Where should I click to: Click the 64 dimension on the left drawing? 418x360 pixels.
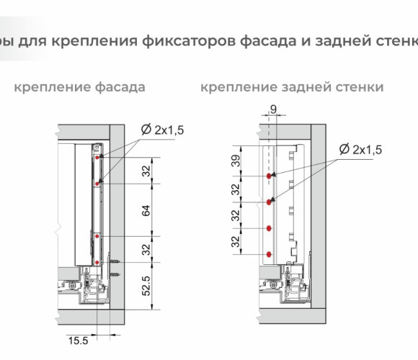click(x=146, y=211)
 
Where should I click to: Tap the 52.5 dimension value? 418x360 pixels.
click(x=146, y=286)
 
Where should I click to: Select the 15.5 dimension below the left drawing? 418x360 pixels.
click(x=78, y=341)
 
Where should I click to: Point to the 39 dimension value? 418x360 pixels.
click(x=236, y=161)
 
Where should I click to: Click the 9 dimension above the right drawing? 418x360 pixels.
click(x=274, y=109)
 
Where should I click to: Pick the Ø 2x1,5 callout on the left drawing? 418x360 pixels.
click(x=163, y=130)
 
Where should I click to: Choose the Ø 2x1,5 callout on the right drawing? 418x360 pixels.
click(x=360, y=149)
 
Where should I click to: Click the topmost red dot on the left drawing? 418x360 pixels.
click(x=97, y=158)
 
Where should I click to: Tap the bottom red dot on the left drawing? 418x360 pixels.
click(x=97, y=263)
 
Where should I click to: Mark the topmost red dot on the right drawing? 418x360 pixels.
click(x=269, y=176)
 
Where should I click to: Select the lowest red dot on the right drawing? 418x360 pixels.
click(x=269, y=255)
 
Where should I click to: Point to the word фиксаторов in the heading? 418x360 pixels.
click(x=189, y=41)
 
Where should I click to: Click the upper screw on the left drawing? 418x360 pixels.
click(x=115, y=262)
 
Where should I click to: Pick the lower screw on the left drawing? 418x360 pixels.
click(x=115, y=274)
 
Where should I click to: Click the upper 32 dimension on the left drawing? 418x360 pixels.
click(x=146, y=171)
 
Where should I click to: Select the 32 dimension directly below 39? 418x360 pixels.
click(x=236, y=189)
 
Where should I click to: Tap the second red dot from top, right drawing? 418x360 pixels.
click(x=269, y=202)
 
